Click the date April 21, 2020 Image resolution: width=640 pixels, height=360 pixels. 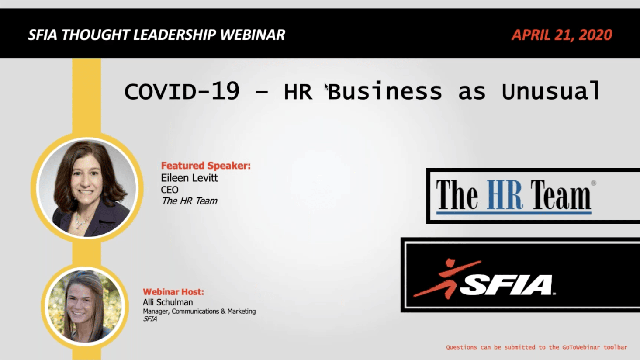562,35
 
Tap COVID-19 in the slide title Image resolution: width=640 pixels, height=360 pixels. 182,92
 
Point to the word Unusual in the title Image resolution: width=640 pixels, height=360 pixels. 551,92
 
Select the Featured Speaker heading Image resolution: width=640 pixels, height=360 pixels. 206,166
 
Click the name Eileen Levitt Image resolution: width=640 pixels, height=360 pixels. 189,178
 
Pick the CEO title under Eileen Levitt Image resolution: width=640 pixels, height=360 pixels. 170,190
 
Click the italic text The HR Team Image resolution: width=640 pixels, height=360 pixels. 189,201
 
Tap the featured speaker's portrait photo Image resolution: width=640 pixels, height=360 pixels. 87,188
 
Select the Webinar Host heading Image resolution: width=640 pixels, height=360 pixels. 173,292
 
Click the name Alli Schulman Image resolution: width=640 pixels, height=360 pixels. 168,302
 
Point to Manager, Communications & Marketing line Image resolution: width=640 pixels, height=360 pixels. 199,312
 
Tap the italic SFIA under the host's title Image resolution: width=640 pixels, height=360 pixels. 150,319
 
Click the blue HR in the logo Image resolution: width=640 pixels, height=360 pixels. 505,195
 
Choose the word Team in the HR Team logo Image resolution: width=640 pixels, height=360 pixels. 560,195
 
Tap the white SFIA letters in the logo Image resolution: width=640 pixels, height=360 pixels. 507,285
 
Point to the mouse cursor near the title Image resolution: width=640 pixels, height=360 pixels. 326,87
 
